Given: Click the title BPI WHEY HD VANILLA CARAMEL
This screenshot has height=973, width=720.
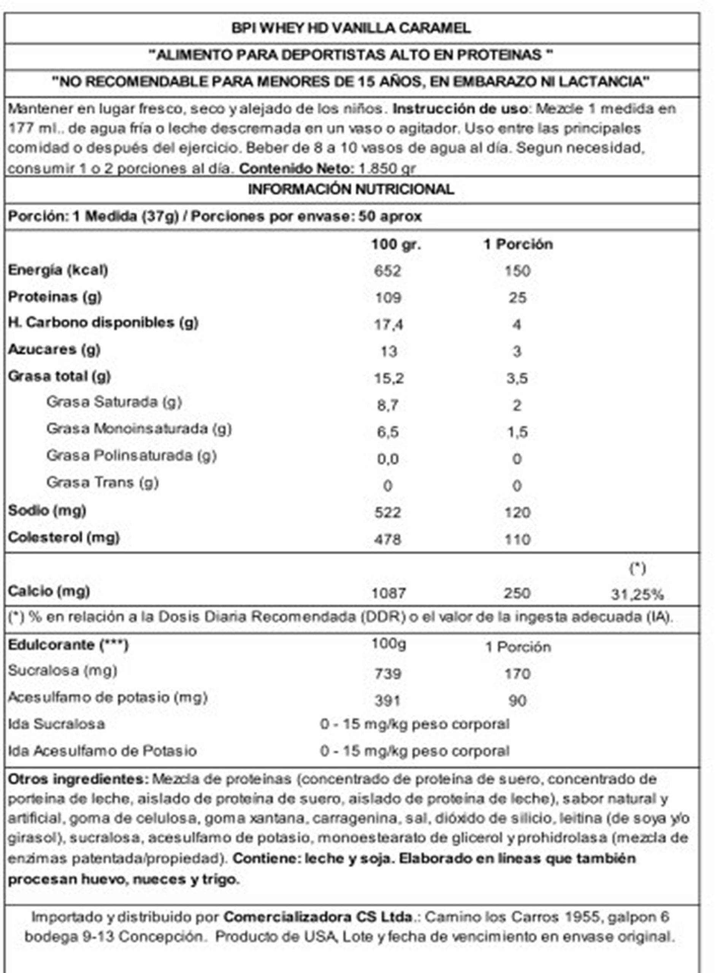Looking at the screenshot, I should [351, 29].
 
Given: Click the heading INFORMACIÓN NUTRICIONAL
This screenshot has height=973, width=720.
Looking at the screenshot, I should [351, 190].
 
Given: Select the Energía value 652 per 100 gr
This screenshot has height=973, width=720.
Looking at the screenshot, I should [387, 271].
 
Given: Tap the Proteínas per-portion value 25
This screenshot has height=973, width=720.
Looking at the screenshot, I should [517, 298].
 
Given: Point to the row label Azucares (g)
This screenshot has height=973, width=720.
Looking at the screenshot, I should [54, 349].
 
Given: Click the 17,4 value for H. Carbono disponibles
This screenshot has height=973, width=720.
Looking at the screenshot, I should [389, 325].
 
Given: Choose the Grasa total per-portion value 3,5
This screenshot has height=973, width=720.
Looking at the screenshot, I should [517, 378].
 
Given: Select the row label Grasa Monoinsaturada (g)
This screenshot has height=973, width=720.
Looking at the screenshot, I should [139, 429].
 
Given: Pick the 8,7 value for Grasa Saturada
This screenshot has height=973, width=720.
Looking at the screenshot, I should [387, 405].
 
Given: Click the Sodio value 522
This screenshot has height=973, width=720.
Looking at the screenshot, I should [387, 512].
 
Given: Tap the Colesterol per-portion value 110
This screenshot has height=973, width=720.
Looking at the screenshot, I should [517, 539].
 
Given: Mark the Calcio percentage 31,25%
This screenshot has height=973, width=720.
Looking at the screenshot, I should [637, 594].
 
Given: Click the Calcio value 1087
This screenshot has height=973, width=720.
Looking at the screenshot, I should [389, 593].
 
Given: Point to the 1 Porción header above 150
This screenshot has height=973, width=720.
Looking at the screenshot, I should [518, 244].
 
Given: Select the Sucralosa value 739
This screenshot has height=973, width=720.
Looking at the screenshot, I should [387, 673].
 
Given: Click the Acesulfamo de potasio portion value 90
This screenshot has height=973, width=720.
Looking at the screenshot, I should [517, 700].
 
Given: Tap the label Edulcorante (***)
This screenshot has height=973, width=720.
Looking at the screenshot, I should [68, 645].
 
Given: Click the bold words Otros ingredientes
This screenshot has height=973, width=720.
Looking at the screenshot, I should [78, 779].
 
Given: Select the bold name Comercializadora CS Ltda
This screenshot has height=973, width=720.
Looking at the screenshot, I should [318, 917].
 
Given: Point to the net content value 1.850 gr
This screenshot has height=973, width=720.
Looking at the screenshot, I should [387, 169].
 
